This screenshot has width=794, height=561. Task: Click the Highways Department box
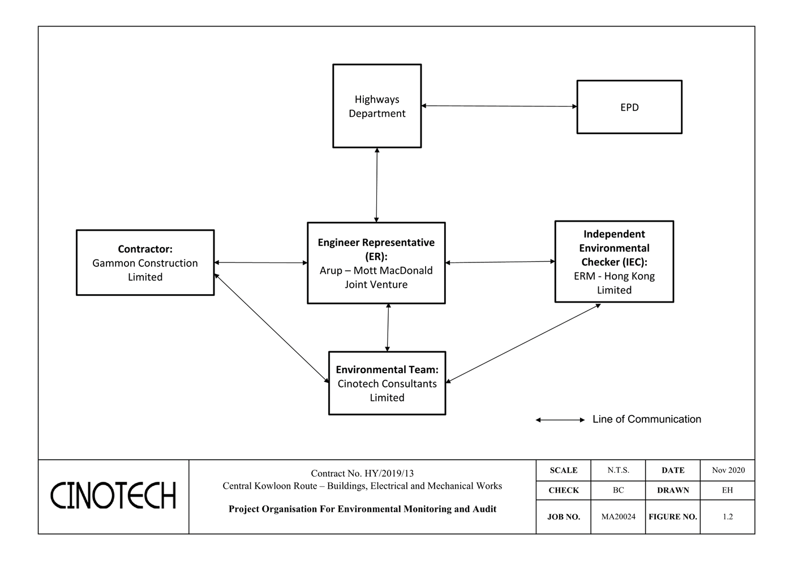point(377,106)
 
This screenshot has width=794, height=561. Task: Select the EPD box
point(629,107)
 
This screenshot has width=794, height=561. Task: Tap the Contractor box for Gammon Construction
point(145,263)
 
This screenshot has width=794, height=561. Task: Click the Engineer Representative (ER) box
point(376,263)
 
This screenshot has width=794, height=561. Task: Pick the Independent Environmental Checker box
point(614,262)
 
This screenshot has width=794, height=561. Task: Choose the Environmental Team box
point(387,383)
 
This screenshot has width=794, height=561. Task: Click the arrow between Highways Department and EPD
point(499,106)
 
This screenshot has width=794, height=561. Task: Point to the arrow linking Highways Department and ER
point(377,185)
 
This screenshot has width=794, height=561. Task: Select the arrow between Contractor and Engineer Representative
point(261,262)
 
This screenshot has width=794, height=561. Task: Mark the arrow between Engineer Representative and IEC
point(500,262)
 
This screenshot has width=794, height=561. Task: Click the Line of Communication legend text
point(646,419)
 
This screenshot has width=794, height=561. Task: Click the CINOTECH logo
point(113,496)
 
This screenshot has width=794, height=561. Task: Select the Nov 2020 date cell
point(728,470)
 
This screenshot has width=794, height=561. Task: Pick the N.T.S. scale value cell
point(618,470)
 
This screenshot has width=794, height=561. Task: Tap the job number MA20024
point(618,516)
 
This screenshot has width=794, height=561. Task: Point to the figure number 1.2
point(728,516)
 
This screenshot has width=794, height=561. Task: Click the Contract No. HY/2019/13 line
point(362,473)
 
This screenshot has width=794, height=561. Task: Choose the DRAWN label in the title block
point(673,490)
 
